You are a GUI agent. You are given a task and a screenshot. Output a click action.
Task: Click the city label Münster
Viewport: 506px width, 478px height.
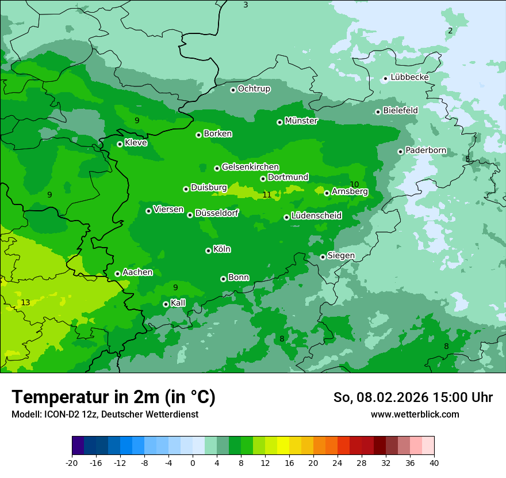[x=301, y=121]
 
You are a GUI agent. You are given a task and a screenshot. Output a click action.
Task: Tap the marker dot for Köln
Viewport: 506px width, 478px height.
[x=208, y=251]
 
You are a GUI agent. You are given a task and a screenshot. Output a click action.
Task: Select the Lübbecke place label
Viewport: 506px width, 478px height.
[x=409, y=77]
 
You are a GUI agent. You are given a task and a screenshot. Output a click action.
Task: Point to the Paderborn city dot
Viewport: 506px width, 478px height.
[x=400, y=151]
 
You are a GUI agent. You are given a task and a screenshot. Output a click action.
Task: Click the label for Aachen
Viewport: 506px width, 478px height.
[x=137, y=272]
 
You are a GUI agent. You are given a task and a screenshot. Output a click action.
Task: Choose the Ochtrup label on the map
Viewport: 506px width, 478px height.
[x=254, y=89]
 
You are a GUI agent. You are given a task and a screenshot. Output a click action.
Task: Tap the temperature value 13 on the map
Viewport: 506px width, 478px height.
[x=25, y=302]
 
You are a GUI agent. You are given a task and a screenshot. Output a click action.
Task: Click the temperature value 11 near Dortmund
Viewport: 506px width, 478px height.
[x=267, y=195]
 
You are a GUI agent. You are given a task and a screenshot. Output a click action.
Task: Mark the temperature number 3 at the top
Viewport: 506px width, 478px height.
[x=246, y=5]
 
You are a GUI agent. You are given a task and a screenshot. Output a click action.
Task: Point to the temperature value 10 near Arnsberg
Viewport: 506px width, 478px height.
[x=354, y=184]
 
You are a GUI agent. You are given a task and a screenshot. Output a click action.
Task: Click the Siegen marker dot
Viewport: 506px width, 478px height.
[x=323, y=257]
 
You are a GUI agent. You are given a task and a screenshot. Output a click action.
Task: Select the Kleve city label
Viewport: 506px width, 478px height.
[x=136, y=143]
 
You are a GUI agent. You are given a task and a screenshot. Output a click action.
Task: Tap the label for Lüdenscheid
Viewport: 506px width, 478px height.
[x=316, y=216]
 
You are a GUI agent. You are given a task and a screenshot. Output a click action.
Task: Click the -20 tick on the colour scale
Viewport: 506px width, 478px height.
[x=72, y=462]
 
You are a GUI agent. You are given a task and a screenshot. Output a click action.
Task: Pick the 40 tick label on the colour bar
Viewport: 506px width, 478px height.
[x=434, y=462]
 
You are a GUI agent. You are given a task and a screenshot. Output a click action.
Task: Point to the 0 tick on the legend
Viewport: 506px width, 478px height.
[x=193, y=462]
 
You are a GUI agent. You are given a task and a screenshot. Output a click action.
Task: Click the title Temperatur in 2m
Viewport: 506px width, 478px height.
[x=113, y=397]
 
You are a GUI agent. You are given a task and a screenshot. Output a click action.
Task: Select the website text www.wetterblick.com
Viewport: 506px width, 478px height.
[x=415, y=415]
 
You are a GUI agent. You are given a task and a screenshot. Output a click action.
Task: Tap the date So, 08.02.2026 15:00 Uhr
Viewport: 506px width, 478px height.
[x=413, y=397]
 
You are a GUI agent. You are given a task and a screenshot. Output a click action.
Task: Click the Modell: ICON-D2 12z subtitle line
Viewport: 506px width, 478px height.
[x=105, y=415]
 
